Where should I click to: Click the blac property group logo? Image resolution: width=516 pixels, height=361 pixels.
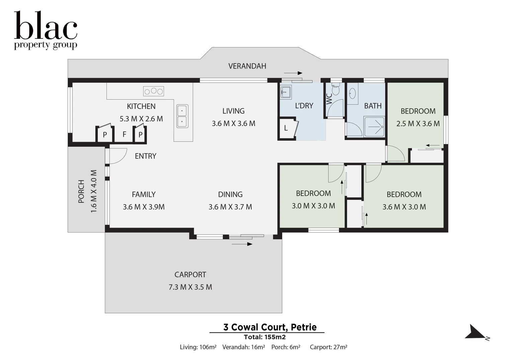(46, 30)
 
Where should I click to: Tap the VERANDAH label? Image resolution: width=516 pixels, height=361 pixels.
(247, 66)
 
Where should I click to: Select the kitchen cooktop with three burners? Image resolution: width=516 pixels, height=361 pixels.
(154, 91)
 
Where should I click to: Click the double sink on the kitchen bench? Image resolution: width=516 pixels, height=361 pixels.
(182, 116)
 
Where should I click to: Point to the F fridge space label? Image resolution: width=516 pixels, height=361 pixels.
(124, 134)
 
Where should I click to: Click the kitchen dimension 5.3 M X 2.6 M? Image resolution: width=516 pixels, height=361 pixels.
(141, 119)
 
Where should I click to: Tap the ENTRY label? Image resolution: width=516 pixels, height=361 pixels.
(146, 156)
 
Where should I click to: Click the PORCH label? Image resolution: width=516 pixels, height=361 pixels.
(81, 192)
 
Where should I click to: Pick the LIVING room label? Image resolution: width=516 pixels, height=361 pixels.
(233, 111)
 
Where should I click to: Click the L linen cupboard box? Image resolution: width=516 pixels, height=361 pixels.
(286, 128)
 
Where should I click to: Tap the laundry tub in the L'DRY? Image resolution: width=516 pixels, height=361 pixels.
(285, 92)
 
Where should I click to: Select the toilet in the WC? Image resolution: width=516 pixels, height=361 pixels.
(335, 90)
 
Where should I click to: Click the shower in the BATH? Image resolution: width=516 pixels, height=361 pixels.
(374, 127)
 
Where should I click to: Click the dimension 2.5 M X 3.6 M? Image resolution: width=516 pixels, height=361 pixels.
(418, 124)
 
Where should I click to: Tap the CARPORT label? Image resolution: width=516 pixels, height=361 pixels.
(190, 275)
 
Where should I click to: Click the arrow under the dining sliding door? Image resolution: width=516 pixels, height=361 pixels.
(242, 244)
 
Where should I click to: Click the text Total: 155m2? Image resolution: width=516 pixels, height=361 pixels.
(265, 337)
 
